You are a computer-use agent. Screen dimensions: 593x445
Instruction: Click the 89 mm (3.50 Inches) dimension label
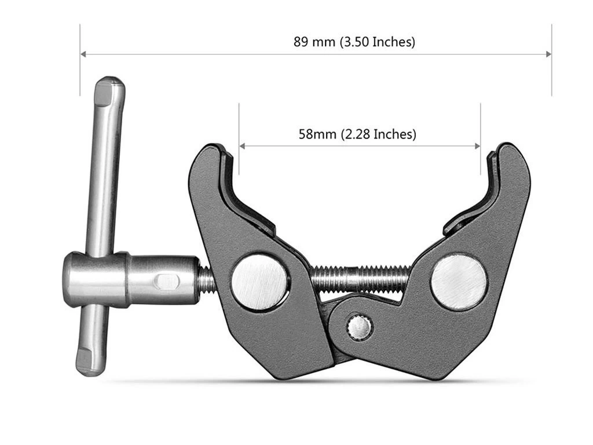coord(354,42)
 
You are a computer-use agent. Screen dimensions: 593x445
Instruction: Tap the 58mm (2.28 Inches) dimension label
coord(357,134)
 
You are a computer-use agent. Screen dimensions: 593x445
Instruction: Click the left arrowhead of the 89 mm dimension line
coord(83,54)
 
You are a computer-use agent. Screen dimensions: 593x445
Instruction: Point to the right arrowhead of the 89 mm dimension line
coord(548,54)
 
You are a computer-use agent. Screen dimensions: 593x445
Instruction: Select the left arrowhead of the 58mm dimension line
coord(243,146)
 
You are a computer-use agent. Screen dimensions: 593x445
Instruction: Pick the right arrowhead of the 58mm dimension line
coord(477,146)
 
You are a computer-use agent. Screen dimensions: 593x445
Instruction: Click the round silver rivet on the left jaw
coord(259,283)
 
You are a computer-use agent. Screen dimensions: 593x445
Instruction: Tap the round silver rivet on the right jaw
coord(459,282)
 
